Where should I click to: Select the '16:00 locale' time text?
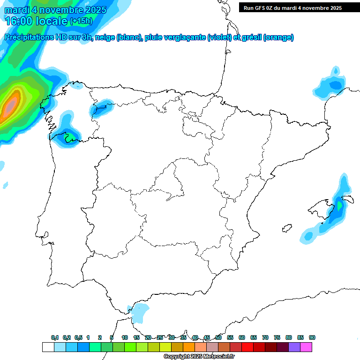point(36,21)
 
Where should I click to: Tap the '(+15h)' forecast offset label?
point(81,21)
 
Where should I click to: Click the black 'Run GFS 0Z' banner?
point(292,7)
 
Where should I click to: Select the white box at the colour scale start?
point(48,347)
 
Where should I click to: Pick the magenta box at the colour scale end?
point(306,347)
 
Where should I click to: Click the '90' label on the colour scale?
point(312,337)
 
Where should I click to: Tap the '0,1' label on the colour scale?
point(55,337)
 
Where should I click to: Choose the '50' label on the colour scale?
point(218,337)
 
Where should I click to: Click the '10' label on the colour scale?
point(125,337)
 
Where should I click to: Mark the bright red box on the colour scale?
point(247,347)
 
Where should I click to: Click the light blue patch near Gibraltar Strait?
point(139,312)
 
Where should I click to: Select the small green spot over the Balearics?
point(339,205)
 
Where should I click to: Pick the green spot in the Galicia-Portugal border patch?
point(70,137)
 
